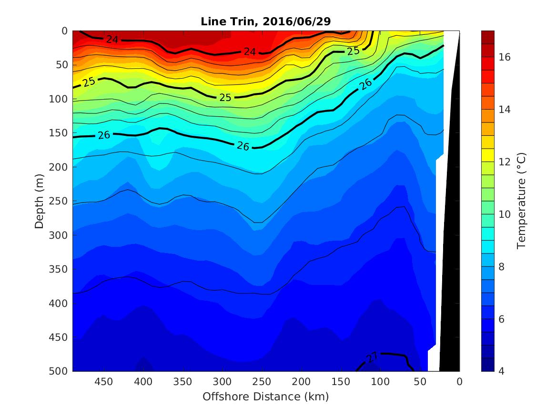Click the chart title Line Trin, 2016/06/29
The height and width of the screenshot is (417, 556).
click(x=265, y=21)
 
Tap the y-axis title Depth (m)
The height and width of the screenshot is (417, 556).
click(x=40, y=201)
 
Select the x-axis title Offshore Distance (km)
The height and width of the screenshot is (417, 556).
click(x=265, y=397)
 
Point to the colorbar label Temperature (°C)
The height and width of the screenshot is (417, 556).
click(x=521, y=201)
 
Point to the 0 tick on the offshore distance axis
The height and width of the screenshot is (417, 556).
click(x=459, y=382)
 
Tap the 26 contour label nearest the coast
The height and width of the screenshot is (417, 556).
click(x=365, y=84)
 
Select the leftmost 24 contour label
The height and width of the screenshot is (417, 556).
click(x=112, y=39)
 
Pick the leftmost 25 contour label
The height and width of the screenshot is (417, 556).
click(x=89, y=82)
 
